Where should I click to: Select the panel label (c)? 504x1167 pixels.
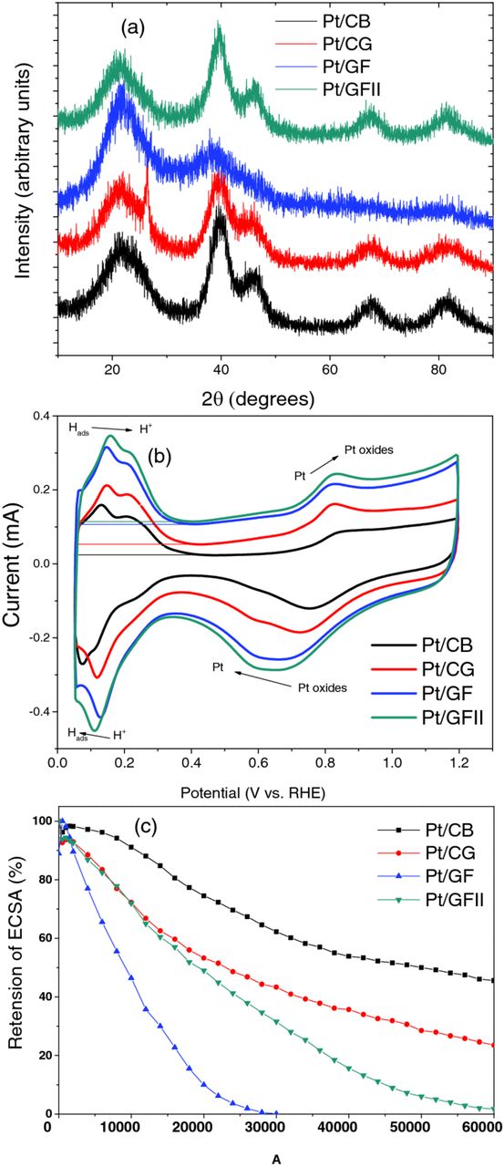[149, 829]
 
